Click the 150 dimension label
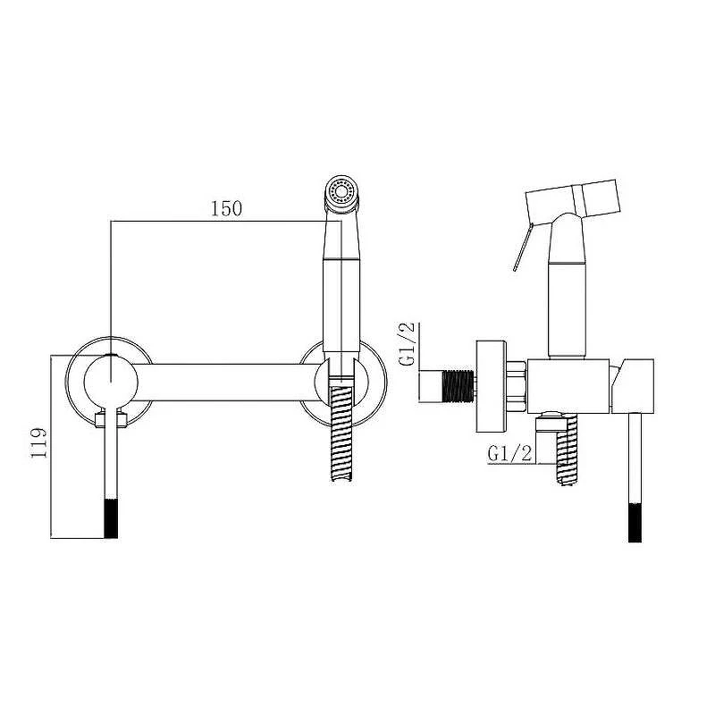click(x=226, y=208)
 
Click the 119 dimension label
click(x=38, y=442)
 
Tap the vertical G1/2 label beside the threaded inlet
click(x=407, y=344)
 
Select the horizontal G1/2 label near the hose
click(x=509, y=453)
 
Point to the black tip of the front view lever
click(x=111, y=518)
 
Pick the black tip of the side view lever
click(x=635, y=523)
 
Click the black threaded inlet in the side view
click(x=458, y=387)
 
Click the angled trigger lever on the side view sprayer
click(x=522, y=248)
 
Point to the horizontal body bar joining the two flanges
click(x=227, y=383)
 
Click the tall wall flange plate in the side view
click(x=491, y=386)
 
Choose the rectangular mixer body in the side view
click(x=568, y=387)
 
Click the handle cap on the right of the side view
click(x=633, y=386)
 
